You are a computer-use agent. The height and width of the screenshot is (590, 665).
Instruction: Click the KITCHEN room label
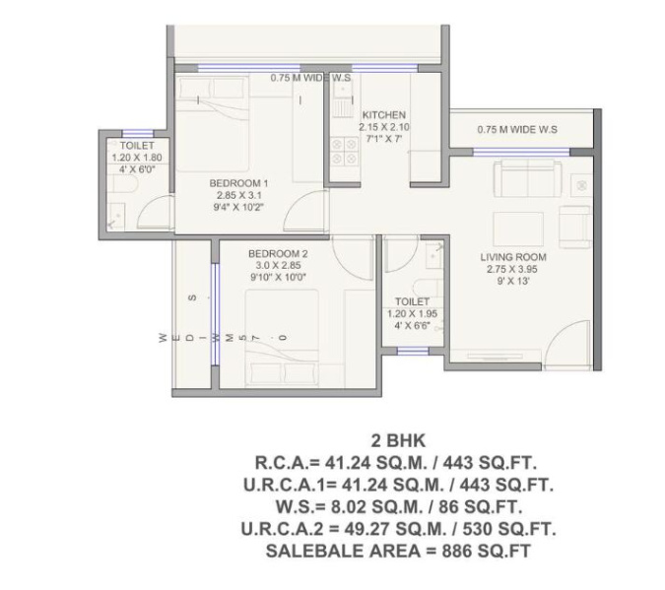tap(384, 114)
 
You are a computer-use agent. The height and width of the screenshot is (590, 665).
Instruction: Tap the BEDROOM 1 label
tap(238, 183)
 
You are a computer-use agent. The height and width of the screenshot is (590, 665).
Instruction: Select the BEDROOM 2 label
tap(278, 254)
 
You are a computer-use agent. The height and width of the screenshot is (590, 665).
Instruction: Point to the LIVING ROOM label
tap(513, 257)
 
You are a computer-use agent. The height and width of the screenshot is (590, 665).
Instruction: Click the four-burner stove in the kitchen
tap(344, 151)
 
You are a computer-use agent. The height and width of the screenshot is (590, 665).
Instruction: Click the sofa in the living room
tap(528, 177)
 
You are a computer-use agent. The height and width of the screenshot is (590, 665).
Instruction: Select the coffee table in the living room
tap(518, 229)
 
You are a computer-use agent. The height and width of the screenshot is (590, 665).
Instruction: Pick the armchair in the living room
tap(575, 227)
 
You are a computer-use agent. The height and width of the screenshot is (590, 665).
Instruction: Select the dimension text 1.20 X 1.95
tap(412, 314)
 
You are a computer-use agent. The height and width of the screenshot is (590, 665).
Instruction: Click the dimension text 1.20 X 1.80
tap(137, 158)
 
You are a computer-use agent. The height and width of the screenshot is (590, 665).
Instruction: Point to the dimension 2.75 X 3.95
tap(512, 269)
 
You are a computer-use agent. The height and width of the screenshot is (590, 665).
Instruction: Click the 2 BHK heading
tap(398, 441)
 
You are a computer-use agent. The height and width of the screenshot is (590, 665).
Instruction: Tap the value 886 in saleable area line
tap(456, 551)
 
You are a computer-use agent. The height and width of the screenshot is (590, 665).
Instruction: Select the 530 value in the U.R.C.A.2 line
tap(477, 529)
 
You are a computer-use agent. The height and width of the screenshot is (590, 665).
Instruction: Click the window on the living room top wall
tap(521, 153)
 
